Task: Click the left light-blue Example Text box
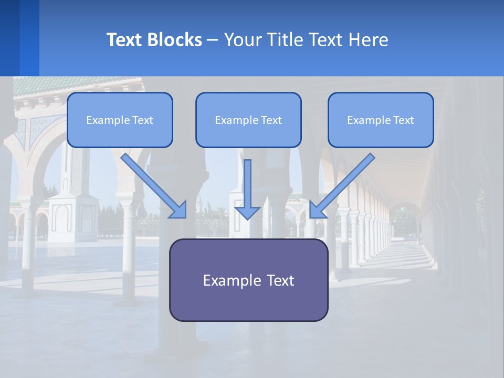(x=120, y=120)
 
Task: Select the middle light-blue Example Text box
(x=248, y=120)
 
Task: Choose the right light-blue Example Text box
(x=381, y=120)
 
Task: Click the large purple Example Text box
(x=248, y=280)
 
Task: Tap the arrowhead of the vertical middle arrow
(x=247, y=212)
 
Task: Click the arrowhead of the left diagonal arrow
(x=180, y=211)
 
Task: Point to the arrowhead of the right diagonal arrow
(x=316, y=211)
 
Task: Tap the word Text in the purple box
(x=280, y=280)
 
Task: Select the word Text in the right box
(x=403, y=120)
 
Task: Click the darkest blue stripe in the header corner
(x=9, y=38)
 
